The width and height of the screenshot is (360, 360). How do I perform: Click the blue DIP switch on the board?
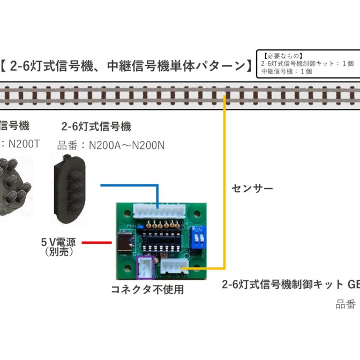(x=199, y=238)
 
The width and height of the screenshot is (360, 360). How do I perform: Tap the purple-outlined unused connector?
(x=145, y=268)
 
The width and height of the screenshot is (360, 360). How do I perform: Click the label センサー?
(x=252, y=189)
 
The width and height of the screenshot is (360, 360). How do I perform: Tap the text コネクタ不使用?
(x=147, y=290)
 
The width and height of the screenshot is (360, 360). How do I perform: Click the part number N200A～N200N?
(x=126, y=145)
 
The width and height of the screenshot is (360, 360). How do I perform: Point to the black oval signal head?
(x=69, y=189)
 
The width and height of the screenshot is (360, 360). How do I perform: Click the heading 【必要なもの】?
(x=283, y=55)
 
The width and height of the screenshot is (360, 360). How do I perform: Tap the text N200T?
(x=27, y=144)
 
